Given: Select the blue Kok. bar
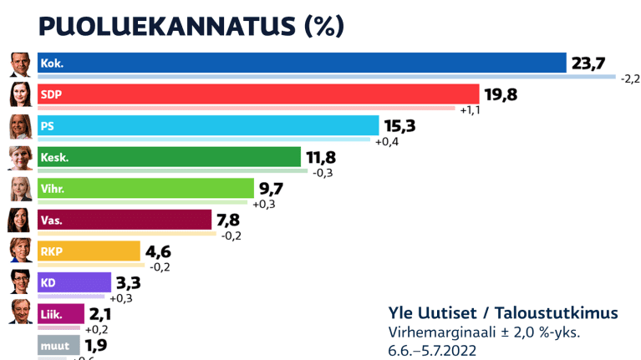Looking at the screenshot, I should click(x=302, y=63).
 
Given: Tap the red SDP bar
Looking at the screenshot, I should click(x=258, y=94).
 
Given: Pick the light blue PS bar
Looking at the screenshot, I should click(x=208, y=126).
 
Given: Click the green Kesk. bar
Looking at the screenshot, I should click(x=169, y=157).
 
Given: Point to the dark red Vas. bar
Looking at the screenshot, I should click(x=125, y=220).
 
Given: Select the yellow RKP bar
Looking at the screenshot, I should click(x=89, y=251).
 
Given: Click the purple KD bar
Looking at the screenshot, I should click(x=74, y=282).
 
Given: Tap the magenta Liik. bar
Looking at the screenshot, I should click(x=61, y=314).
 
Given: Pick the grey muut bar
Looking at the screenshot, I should click(x=59, y=344).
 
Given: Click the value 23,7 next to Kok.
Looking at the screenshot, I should click(x=589, y=63).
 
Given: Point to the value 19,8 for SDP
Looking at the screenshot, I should click(x=501, y=94).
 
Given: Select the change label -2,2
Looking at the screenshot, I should click(x=629, y=79).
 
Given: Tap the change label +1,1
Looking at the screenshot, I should click(x=470, y=109).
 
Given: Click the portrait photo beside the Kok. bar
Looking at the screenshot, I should click(x=20, y=63).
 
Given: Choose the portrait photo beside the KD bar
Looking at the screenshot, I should click(x=20, y=282).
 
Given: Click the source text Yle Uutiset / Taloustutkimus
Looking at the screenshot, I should click(x=503, y=312).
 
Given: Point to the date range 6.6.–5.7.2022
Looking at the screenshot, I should click(x=435, y=350).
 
